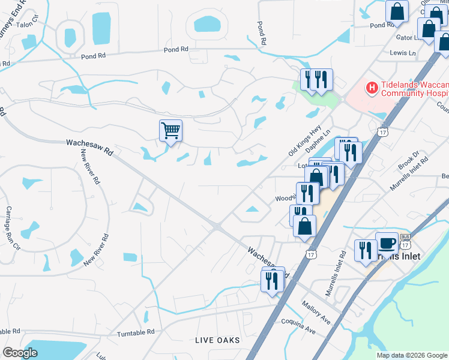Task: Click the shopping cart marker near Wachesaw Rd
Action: click(x=171, y=130)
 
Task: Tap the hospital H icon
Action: click(x=372, y=89)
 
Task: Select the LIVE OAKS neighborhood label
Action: click(x=217, y=340)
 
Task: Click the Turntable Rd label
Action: click(x=136, y=332)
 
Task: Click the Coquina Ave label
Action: click(x=298, y=326)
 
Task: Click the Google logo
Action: click(x=20, y=352)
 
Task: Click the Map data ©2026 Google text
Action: click(x=411, y=355)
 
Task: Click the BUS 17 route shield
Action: click(x=405, y=242)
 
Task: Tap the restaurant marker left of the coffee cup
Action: click(x=366, y=250)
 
